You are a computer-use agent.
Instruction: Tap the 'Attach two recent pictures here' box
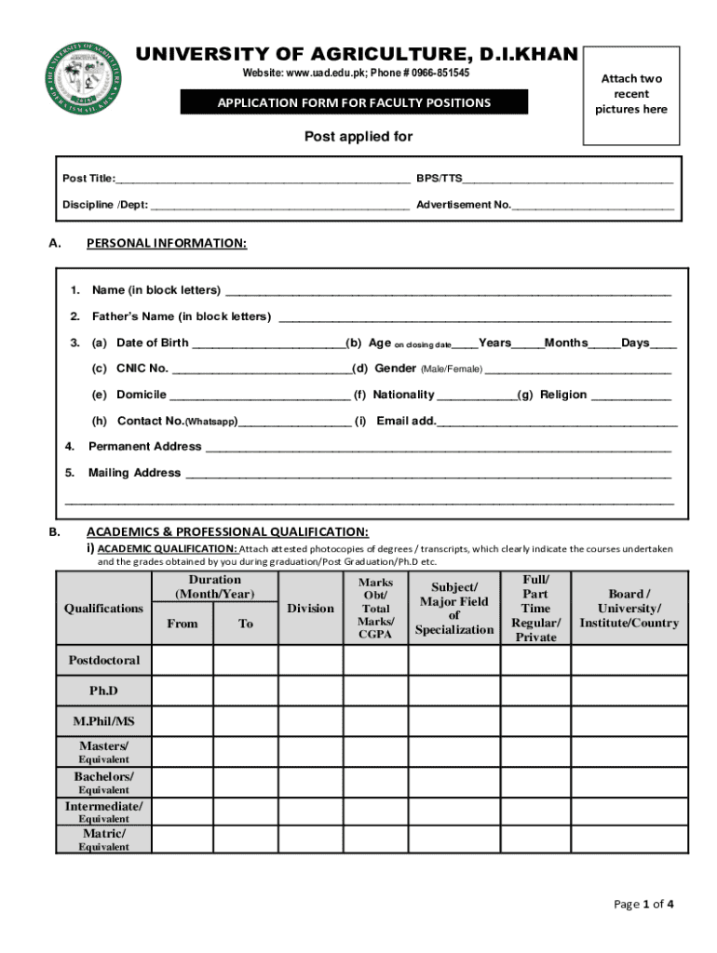coord(631,95)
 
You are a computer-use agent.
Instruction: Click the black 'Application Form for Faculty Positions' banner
coord(354,102)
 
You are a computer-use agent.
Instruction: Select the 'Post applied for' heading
coord(358,137)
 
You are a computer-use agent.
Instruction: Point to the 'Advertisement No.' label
coord(464,204)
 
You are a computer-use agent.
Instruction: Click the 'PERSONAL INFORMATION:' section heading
coord(167,244)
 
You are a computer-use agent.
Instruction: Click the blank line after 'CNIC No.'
coord(261,369)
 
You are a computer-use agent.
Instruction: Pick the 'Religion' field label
coord(563,395)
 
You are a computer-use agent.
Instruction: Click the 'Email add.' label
coord(406,421)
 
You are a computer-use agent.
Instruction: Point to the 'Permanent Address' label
coord(144,447)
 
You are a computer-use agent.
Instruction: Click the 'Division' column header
coord(310,609)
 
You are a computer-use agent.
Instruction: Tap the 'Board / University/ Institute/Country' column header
coord(629,609)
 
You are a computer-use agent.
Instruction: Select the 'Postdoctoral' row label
coord(103,661)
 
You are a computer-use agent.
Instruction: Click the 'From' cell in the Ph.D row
coord(182,690)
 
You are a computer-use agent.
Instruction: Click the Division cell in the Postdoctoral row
coord(310,661)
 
